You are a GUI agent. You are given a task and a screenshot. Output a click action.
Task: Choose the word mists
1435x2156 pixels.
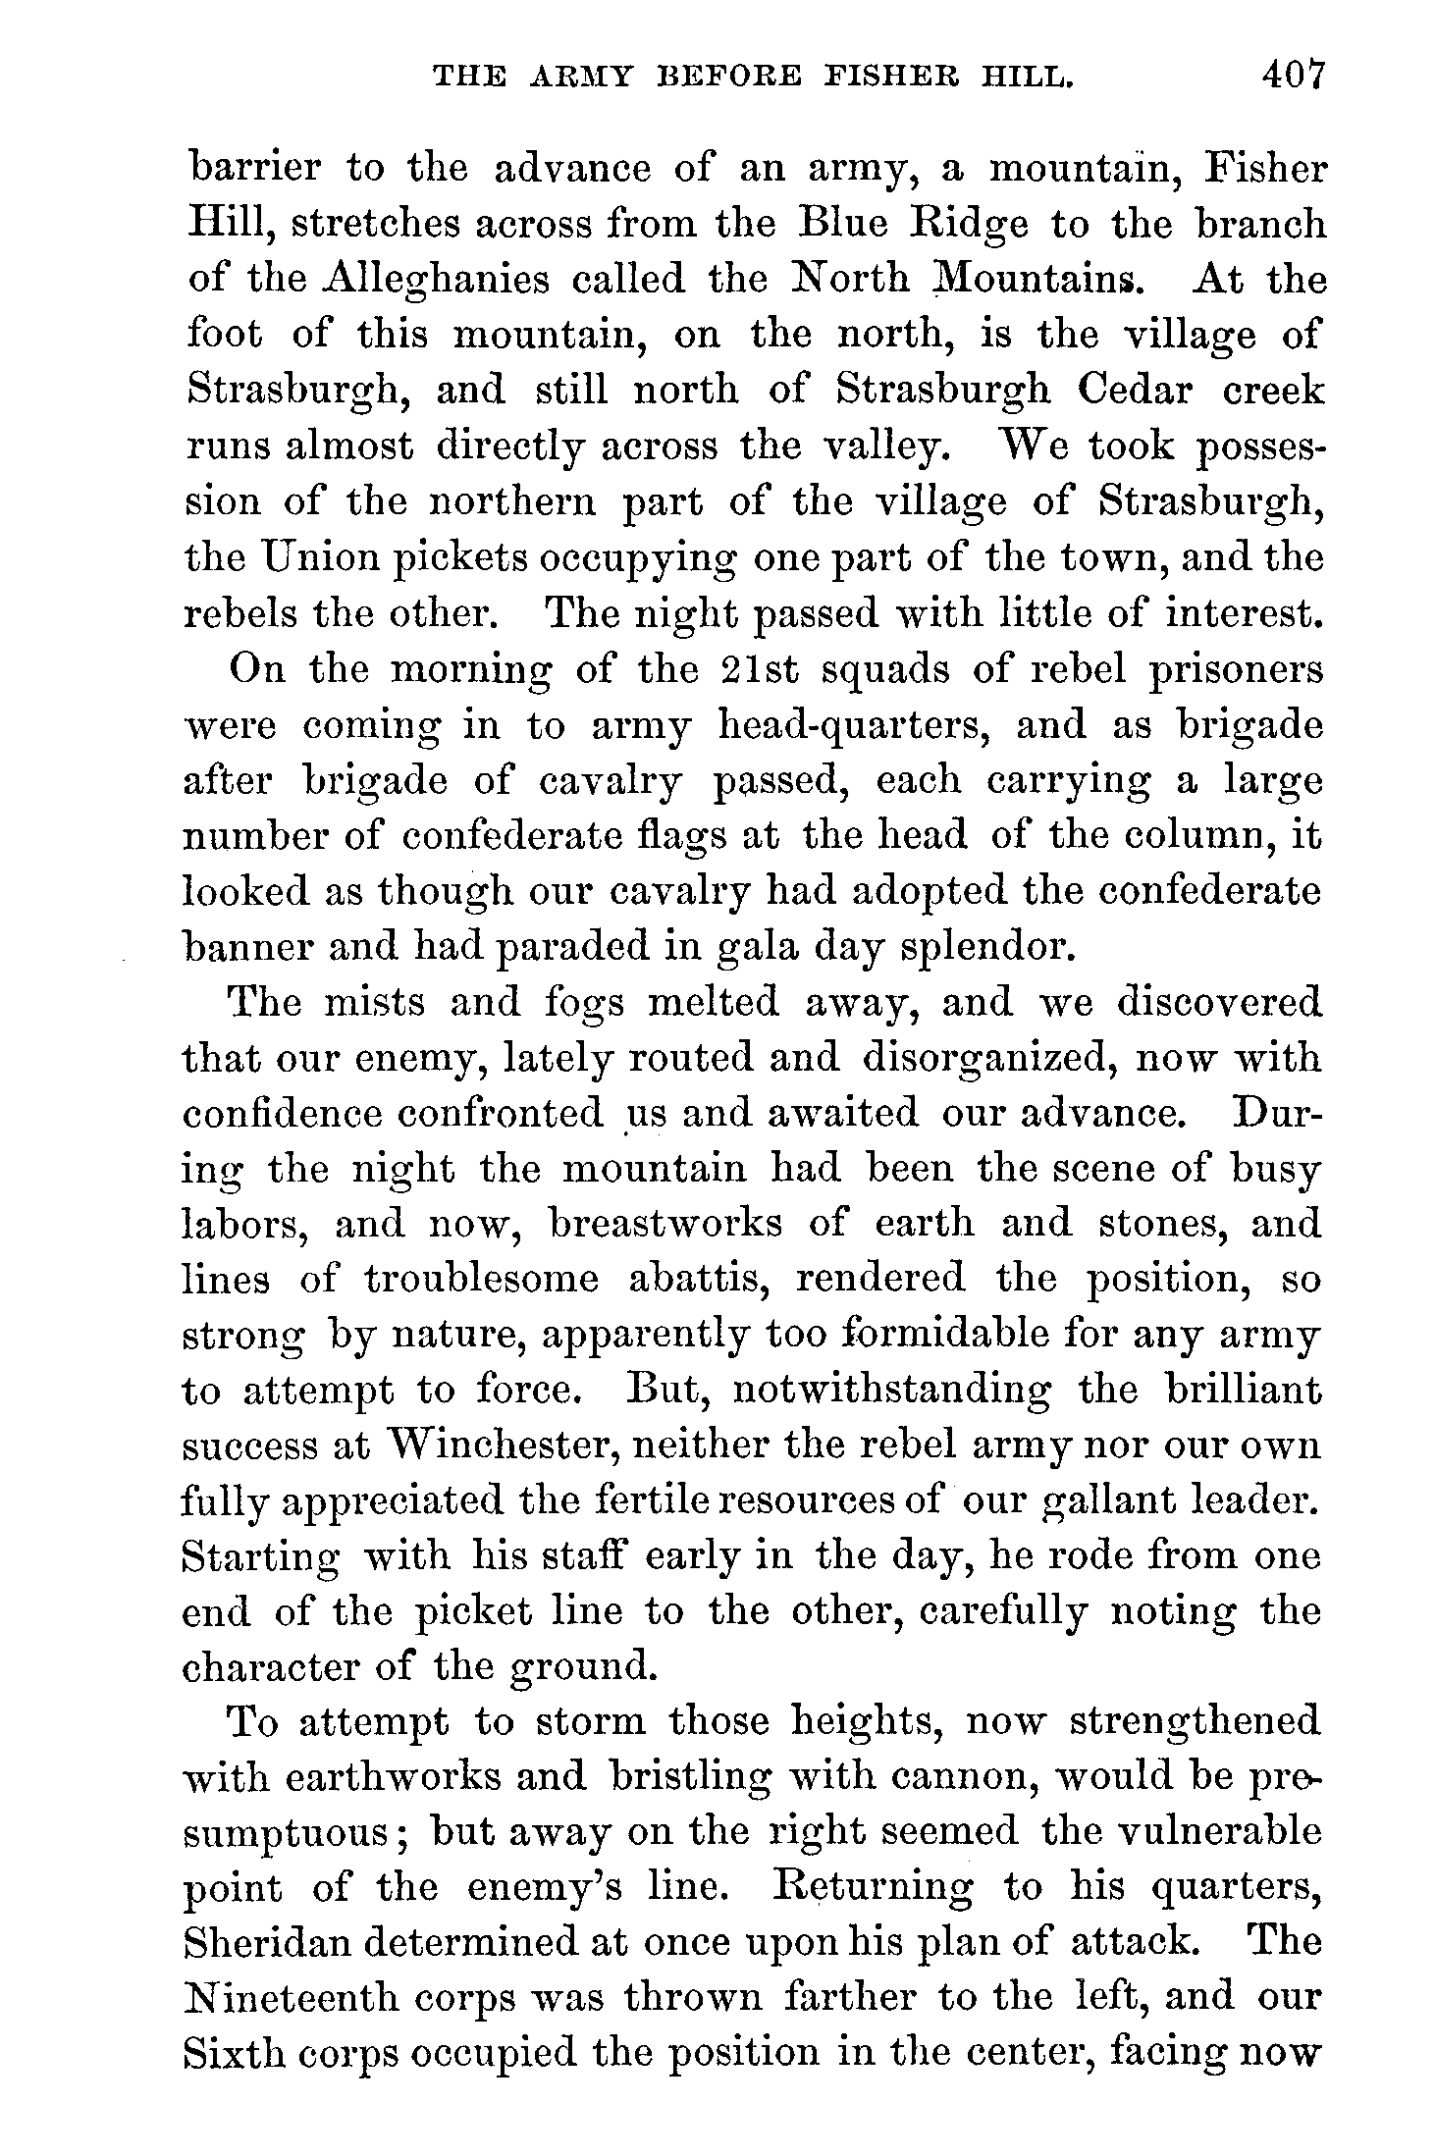[373, 1003]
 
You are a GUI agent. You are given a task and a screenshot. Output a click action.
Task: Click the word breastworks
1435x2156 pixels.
[666, 1224]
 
